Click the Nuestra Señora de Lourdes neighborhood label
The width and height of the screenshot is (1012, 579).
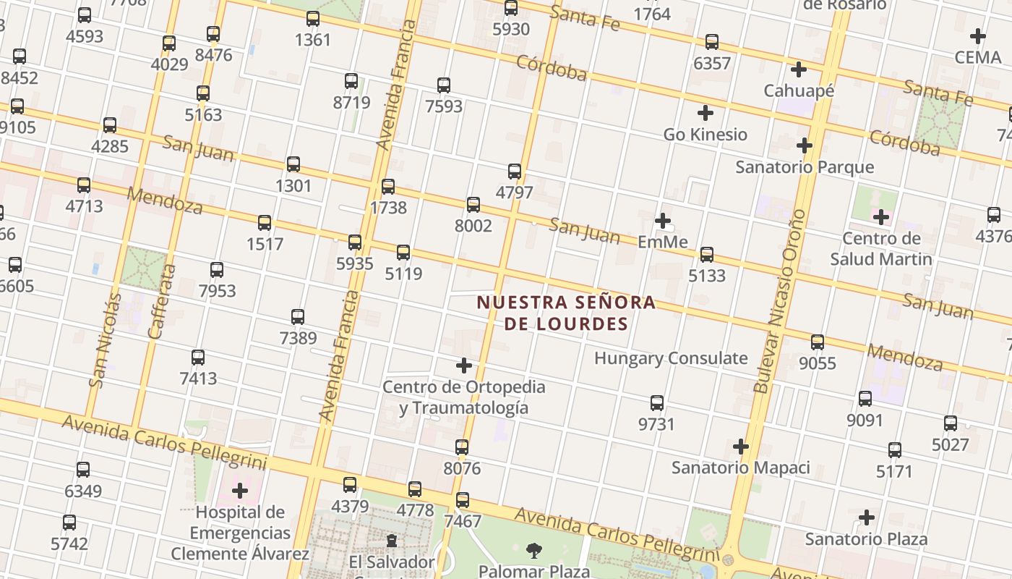pyautogui.click(x=566, y=313)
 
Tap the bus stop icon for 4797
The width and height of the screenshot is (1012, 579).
pyautogui.click(x=515, y=172)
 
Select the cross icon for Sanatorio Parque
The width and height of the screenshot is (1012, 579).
pyautogui.click(x=805, y=146)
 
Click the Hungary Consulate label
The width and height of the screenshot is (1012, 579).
pyautogui.click(x=670, y=358)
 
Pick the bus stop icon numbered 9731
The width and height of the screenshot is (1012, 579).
pyautogui.click(x=656, y=403)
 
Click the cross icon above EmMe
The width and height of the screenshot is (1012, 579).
pyautogui.click(x=663, y=221)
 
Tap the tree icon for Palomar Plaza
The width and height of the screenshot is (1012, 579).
pyautogui.click(x=534, y=551)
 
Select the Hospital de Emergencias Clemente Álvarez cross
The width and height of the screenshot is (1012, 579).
pyautogui.click(x=240, y=491)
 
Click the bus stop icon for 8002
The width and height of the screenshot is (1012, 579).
pyautogui.click(x=473, y=205)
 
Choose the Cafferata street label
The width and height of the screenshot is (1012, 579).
pyautogui.click(x=163, y=302)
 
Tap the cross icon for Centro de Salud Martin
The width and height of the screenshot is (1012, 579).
pyautogui.click(x=880, y=217)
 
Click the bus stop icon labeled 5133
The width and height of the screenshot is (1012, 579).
pyautogui.click(x=707, y=255)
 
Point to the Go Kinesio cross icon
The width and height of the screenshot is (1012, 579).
pyautogui.click(x=705, y=114)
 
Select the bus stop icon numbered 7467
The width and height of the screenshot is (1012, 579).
pyautogui.click(x=463, y=500)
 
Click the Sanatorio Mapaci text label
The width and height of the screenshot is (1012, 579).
pyautogui.click(x=740, y=468)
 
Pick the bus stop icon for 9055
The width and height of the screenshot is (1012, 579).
pyautogui.click(x=818, y=342)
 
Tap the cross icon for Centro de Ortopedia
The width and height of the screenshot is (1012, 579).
pyautogui.click(x=464, y=366)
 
